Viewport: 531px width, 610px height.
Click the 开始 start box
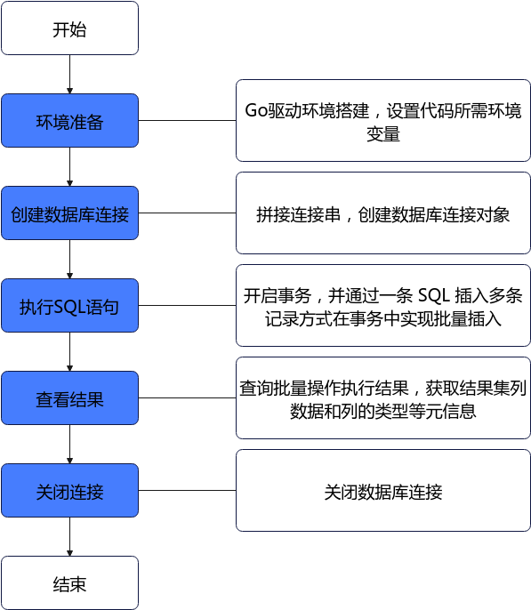tap(70, 28)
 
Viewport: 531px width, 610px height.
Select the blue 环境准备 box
tap(70, 121)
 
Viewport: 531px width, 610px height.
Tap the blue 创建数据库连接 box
tap(70, 213)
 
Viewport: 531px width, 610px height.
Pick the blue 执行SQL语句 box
tap(70, 305)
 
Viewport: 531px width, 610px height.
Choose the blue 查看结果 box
tap(70, 398)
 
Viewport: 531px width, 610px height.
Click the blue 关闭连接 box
tap(70, 491)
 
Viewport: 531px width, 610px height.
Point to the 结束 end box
tap(70, 582)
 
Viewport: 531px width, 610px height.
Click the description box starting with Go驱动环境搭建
tap(383, 121)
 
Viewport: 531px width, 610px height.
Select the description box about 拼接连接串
tap(383, 213)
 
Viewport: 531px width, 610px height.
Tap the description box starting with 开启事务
tap(383, 305)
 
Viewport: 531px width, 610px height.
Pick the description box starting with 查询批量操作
tap(383, 398)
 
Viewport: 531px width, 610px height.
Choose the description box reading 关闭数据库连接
tap(383, 491)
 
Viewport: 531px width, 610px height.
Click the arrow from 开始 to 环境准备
tap(70, 75)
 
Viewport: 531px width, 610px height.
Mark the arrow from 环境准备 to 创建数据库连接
tap(70, 167)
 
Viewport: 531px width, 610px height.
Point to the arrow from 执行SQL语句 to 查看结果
tap(70, 352)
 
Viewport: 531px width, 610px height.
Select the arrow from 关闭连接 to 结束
tap(70, 537)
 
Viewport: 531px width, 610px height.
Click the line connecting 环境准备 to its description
tap(187, 121)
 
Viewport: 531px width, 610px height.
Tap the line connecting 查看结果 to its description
tap(187, 398)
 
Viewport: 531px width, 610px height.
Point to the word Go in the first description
tap(256, 111)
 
